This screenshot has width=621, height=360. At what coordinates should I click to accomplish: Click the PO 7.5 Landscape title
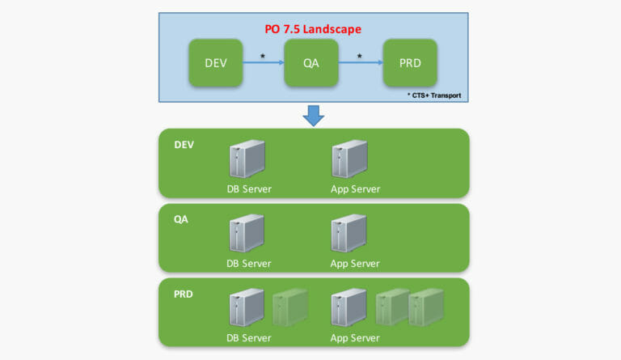(x=313, y=29)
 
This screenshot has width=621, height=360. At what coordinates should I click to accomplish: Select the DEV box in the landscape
(x=215, y=63)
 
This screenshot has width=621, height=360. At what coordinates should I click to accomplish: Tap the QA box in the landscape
(x=310, y=63)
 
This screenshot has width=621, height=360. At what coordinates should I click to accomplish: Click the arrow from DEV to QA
(x=263, y=63)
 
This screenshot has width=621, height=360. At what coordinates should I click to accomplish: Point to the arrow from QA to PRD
(x=359, y=63)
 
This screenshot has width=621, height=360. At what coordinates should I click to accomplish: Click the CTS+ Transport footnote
(x=435, y=95)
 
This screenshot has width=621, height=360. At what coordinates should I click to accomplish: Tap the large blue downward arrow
(x=313, y=116)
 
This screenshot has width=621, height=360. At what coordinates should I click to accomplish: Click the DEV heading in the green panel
(x=184, y=146)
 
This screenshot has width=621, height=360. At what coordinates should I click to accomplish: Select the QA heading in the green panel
(x=180, y=219)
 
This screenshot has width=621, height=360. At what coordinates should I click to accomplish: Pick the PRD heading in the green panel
(x=183, y=294)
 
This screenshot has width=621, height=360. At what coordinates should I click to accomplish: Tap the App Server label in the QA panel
(x=355, y=264)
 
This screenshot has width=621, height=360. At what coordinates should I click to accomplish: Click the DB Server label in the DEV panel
(x=249, y=189)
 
